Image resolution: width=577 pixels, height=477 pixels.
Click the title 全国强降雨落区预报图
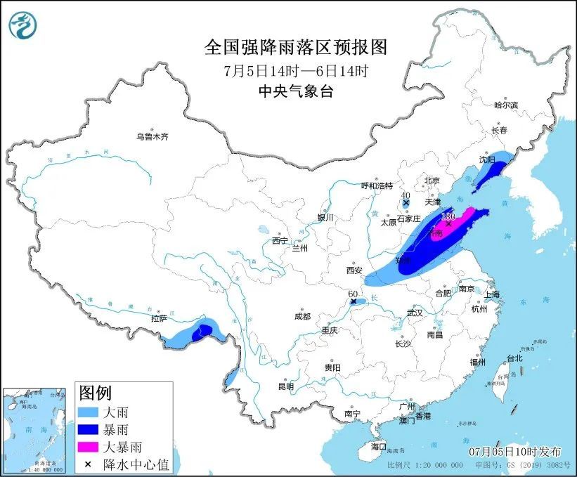(295, 47)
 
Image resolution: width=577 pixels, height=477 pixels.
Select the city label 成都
(304, 316)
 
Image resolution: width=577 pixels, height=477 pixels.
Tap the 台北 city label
(514, 358)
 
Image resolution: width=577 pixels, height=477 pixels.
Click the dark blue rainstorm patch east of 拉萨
(203, 331)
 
